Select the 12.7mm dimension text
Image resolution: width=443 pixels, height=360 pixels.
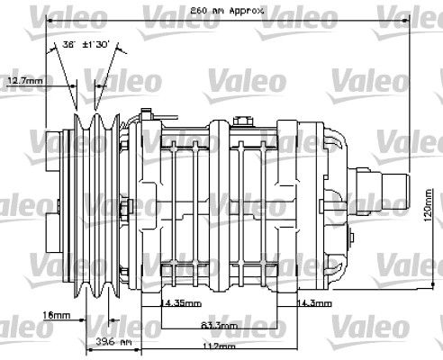pyautogui.click(x=24, y=81)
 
